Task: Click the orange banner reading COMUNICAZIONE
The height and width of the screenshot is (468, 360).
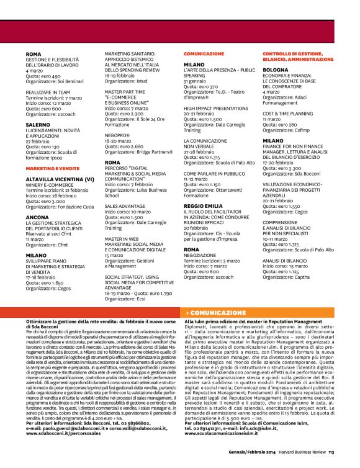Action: point(217,313)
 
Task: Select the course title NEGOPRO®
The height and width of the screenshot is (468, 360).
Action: point(117,134)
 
